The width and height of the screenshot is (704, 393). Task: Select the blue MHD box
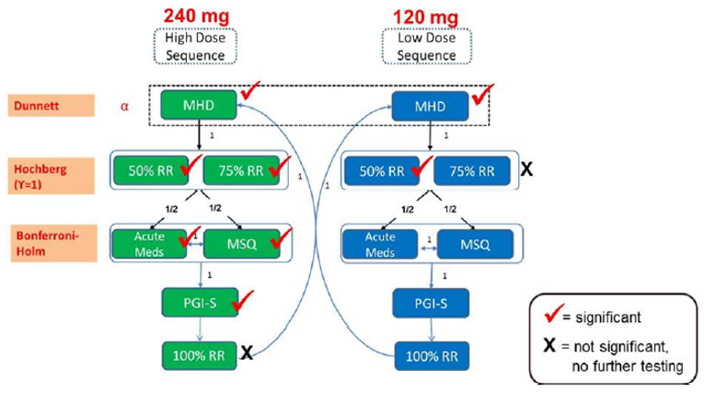[429, 106]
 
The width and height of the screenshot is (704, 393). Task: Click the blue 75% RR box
[468, 170]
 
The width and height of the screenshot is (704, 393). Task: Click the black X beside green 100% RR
[247, 353]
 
